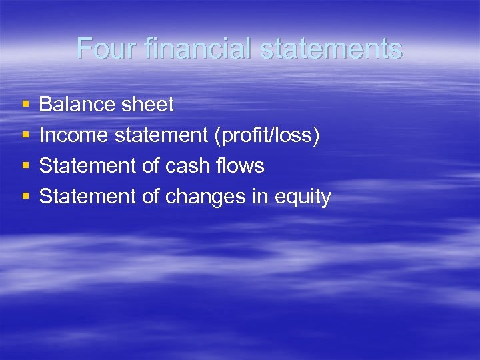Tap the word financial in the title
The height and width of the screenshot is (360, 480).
[x=184, y=49]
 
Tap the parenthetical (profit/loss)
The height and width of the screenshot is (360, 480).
[x=267, y=135]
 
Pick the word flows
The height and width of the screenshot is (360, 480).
[x=242, y=165]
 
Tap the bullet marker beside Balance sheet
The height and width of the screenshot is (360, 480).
[x=25, y=105]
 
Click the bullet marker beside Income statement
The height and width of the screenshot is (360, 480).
[x=25, y=135]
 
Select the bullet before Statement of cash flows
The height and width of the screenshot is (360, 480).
[x=25, y=166]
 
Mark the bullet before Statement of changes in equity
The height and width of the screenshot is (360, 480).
[x=25, y=197]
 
